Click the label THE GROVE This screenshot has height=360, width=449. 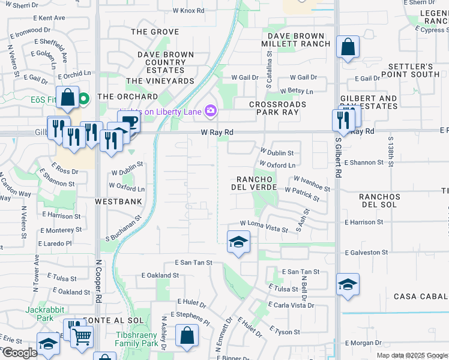click(155, 32)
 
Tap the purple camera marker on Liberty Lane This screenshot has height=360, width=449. click(211, 110)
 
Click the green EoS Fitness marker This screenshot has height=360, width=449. click(83, 97)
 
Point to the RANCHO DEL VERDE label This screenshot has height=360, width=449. click(255, 183)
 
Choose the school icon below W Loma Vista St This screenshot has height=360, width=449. click(238, 242)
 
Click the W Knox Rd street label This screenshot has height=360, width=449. click(188, 11)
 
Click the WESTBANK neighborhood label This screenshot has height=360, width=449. click(118, 202)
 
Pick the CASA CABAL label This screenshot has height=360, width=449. click(421, 297)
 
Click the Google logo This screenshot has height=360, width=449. click(20, 353)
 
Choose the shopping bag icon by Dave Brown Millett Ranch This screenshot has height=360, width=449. click(348, 48)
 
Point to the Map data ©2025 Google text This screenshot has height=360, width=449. click(412, 355)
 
